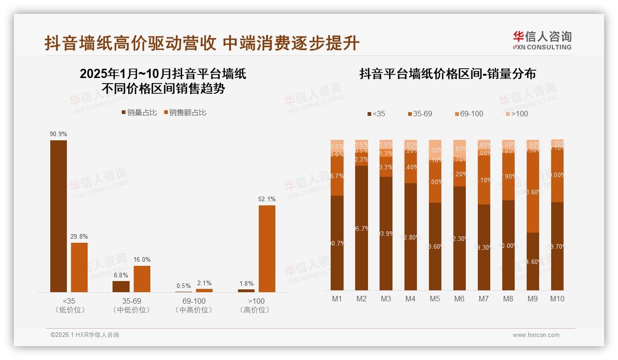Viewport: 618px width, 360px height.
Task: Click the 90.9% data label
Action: coord(59,134)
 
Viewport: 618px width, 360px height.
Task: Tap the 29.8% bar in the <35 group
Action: coord(79,267)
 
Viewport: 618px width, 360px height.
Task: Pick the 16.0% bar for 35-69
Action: coord(142,279)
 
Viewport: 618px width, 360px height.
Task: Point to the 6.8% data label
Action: coord(121,276)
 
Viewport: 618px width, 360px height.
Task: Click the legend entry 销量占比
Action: coord(139,112)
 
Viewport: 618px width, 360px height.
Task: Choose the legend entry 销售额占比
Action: coord(185,112)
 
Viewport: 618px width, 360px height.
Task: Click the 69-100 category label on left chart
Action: coord(194,301)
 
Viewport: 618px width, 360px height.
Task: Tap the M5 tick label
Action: coord(434,299)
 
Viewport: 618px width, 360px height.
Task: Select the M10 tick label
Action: coord(557,299)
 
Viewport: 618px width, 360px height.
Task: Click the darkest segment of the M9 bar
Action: coord(533,261)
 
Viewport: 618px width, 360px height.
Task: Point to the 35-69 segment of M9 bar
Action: coord(533,192)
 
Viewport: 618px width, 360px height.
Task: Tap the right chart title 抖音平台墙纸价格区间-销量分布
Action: coord(447,74)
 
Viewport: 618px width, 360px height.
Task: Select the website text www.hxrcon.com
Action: coord(536,335)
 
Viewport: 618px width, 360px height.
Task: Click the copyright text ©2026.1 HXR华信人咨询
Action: coord(85,335)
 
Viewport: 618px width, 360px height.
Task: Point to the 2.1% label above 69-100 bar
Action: coord(204,283)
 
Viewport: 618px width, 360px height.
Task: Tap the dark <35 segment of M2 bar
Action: coord(362,228)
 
